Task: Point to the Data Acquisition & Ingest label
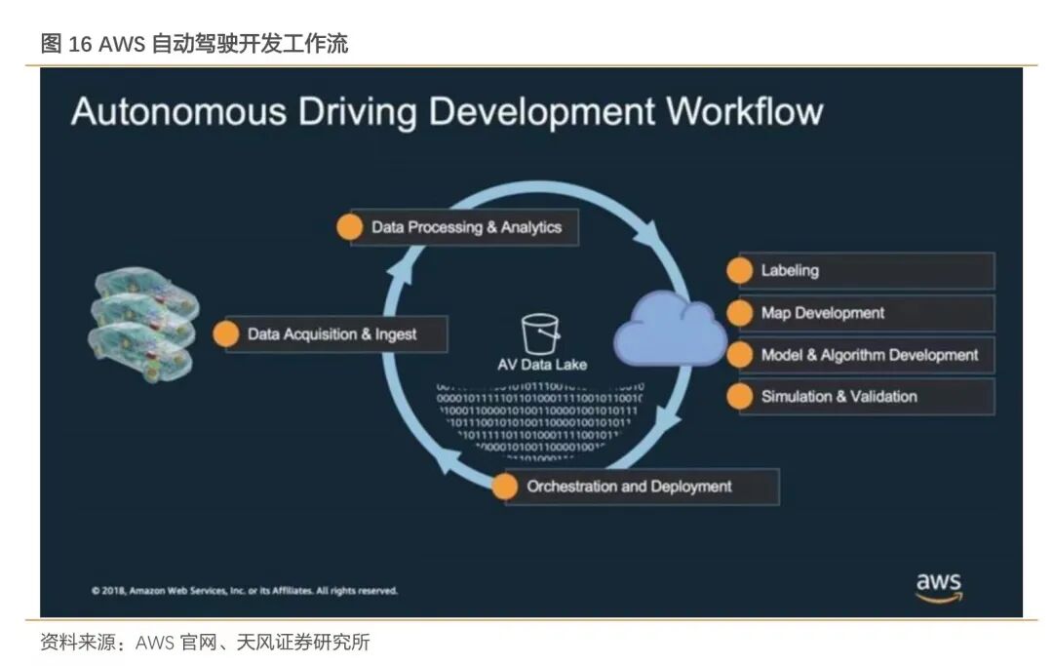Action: [331, 333]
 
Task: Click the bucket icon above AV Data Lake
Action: [538, 333]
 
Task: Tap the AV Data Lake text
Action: [542, 365]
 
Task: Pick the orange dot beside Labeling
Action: [742, 271]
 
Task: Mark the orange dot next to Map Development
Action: [742, 313]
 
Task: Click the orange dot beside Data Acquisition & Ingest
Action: [226, 333]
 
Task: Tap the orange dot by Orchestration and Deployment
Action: [505, 487]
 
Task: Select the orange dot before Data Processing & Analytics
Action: [349, 227]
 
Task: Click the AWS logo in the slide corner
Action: [938, 586]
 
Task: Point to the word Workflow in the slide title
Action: [745, 111]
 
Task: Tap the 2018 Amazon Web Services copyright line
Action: [245, 590]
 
